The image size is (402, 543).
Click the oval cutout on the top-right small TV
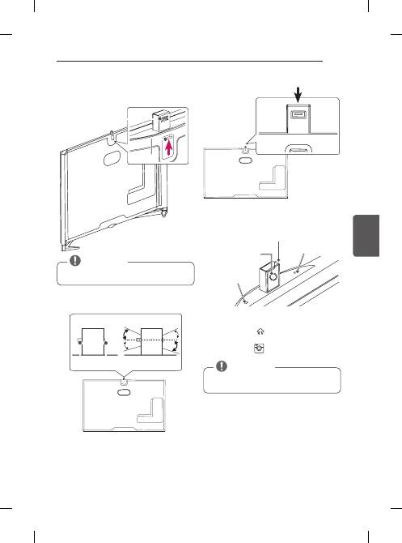click(x=241, y=160)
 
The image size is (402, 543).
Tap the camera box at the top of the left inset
click(x=160, y=120)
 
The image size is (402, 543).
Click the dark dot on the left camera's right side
click(x=107, y=342)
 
